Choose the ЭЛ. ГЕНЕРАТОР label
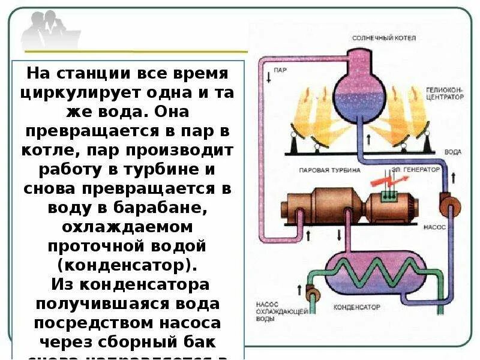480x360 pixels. pyautogui.click(x=418, y=170)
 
